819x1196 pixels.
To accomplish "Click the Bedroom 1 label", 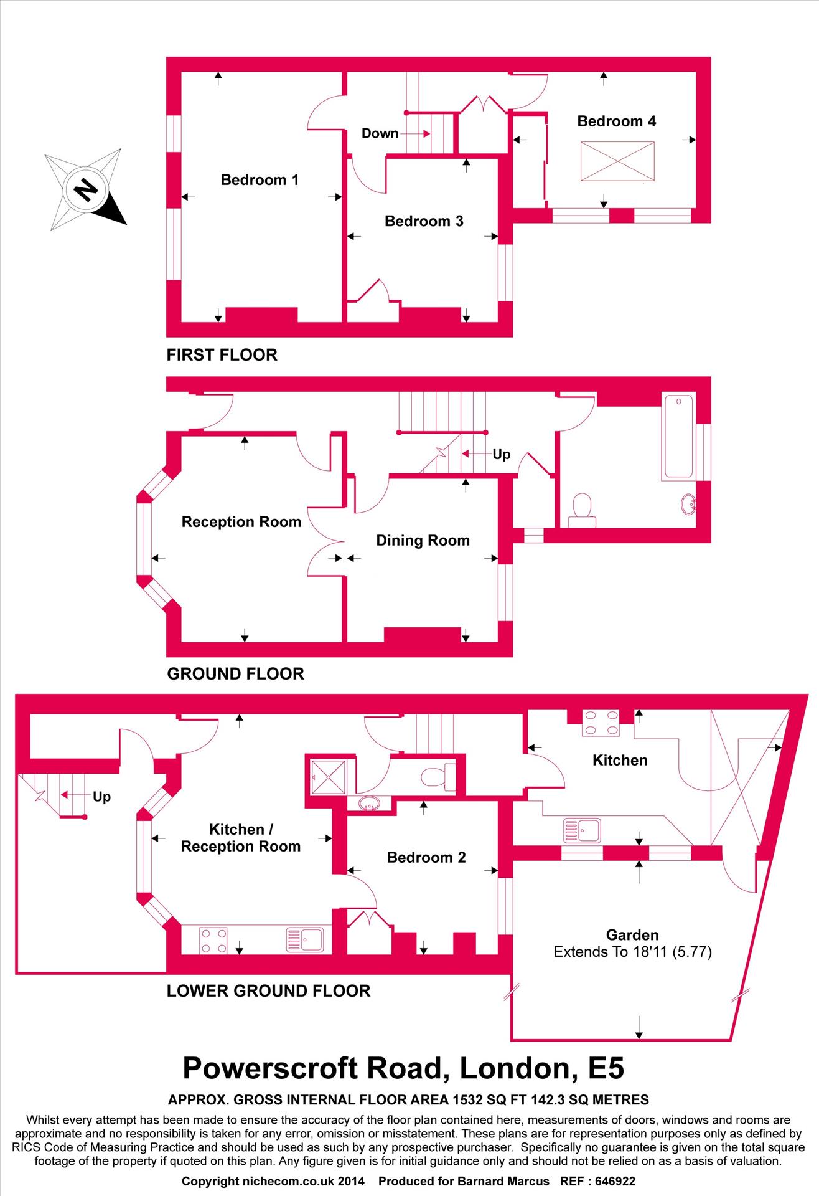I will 260,180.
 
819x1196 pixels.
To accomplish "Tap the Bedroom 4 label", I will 616,121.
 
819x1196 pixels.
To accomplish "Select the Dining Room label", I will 423,540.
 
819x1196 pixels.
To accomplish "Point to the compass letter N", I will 86,188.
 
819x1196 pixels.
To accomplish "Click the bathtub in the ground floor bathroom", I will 678,437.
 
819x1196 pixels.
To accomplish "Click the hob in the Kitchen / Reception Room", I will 213,940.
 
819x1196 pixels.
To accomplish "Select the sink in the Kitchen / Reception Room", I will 305,940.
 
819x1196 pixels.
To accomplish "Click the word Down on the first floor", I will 380,133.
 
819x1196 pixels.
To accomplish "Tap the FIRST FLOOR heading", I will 222,355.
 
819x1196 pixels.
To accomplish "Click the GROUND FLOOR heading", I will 235,673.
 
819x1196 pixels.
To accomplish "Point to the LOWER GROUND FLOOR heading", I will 268,990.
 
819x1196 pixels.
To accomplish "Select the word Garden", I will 632,934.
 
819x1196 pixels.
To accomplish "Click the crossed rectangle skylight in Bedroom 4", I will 617,161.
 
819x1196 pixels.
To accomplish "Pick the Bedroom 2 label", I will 426,857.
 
